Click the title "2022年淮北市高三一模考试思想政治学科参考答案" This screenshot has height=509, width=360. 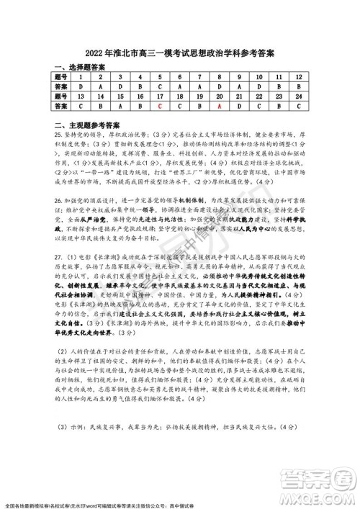pyautogui.click(x=179, y=53)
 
